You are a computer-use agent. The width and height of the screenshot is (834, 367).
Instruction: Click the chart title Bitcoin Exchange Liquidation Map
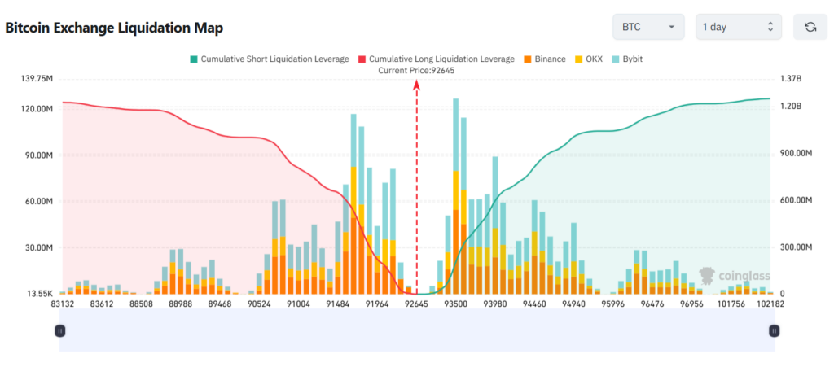pyautogui.click(x=114, y=28)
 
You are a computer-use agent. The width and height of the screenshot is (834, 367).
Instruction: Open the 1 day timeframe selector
pyautogui.click(x=738, y=27)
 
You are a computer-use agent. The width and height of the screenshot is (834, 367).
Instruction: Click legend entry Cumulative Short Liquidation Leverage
pyautogui.click(x=269, y=59)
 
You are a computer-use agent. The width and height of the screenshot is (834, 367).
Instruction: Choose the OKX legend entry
pyautogui.click(x=589, y=59)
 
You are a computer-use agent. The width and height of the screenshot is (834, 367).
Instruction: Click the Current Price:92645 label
pyautogui.click(x=416, y=71)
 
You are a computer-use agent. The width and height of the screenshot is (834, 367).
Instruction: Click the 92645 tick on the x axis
pyautogui.click(x=417, y=304)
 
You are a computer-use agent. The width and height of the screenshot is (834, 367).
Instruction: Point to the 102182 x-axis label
pyautogui.click(x=770, y=304)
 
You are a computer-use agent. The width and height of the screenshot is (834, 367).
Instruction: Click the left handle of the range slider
pyautogui.click(x=59, y=330)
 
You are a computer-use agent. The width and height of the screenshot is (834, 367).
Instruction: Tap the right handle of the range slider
pyautogui.click(x=774, y=330)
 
